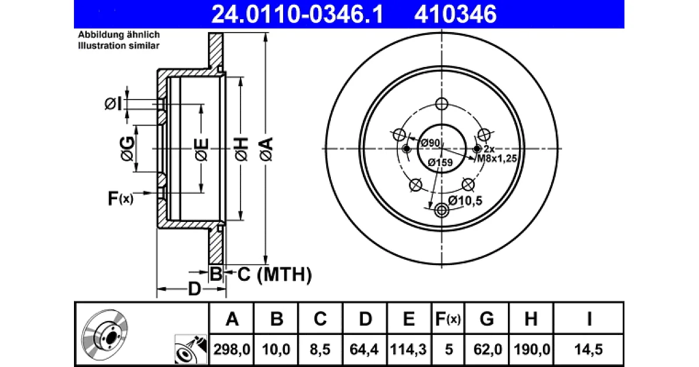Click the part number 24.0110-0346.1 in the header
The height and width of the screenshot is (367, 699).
coord(298,15)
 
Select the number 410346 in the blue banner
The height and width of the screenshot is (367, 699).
coord(456,15)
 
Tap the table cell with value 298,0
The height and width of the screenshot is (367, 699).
coord(232,349)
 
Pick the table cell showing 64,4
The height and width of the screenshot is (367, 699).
coord(364,349)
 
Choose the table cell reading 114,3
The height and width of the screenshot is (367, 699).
coord(408,349)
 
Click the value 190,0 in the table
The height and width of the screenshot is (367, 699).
coord(532,349)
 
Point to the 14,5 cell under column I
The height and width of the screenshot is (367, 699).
coord(589,349)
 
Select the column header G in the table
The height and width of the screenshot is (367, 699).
coord(487,319)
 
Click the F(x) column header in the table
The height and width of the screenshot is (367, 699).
coord(448,319)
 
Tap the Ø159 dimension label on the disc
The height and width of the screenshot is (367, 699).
coord(440,163)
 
